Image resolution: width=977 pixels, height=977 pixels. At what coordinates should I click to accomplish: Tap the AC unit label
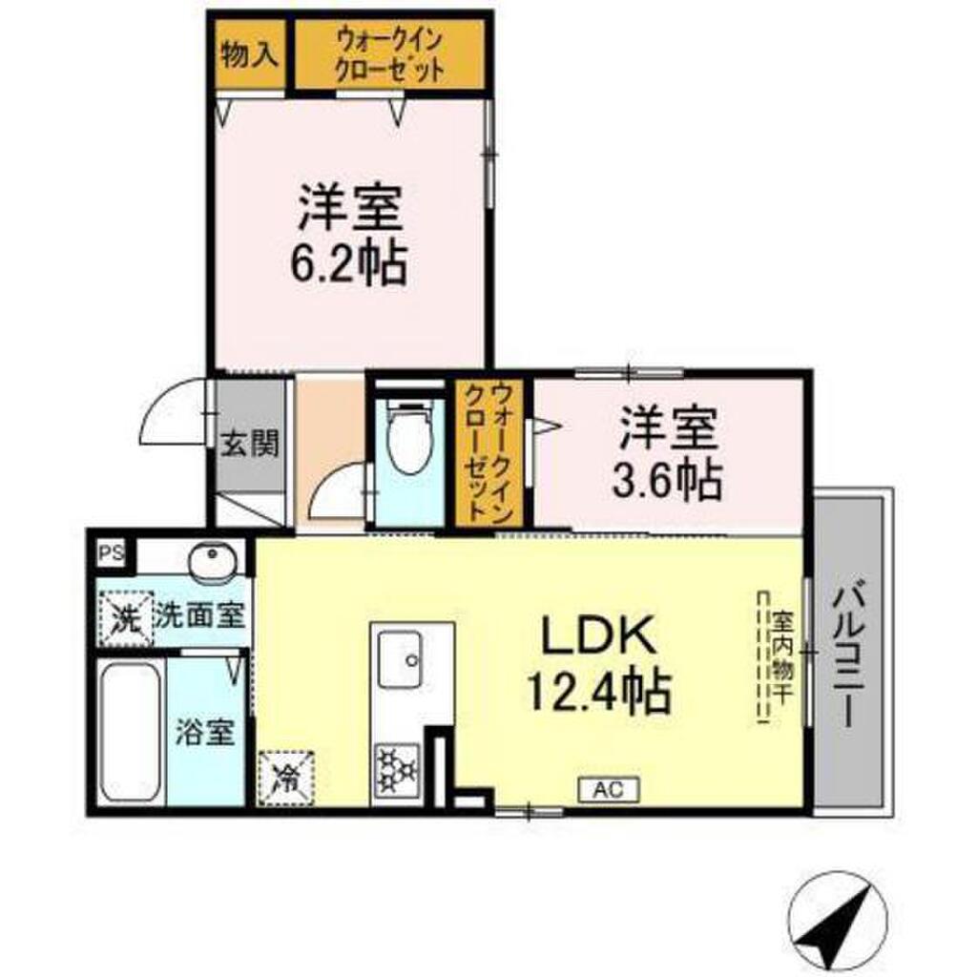click(607, 788)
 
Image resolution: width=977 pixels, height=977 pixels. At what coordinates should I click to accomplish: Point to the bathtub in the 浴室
click(131, 730)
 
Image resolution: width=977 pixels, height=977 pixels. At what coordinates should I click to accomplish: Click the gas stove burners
click(399, 769)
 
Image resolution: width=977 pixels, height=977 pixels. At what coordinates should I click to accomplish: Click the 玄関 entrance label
click(250, 445)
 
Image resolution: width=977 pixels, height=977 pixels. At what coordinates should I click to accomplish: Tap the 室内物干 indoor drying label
click(780, 657)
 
